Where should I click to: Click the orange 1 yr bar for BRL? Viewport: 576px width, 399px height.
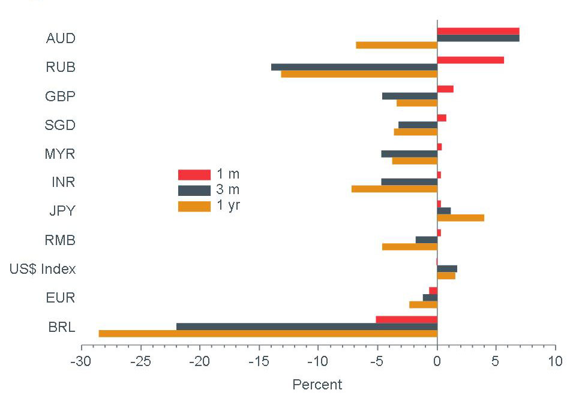coord(268,334)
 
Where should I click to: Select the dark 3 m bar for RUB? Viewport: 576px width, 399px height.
coord(354,67)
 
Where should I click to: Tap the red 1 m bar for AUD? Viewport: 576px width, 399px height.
coord(478,31)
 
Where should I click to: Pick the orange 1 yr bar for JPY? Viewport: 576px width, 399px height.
coord(460,218)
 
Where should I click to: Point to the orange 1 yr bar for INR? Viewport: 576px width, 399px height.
coord(394,189)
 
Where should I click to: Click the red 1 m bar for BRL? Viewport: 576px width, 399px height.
coord(406,319)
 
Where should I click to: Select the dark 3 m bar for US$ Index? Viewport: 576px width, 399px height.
coord(447,269)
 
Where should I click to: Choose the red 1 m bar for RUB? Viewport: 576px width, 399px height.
coord(470,60)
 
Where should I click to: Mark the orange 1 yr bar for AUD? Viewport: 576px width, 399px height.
coord(397,46)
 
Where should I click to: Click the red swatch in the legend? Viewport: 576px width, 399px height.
coord(194,175)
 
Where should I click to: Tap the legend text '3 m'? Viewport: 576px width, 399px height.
coord(228,191)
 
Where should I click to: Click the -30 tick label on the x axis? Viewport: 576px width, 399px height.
coord(81,362)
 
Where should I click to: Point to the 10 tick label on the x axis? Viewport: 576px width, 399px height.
coord(555,362)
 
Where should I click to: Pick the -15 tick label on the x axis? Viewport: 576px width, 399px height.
coord(259,362)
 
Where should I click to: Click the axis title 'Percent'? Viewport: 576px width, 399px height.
coord(317,385)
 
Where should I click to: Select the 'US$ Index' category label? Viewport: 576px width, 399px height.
coord(43,269)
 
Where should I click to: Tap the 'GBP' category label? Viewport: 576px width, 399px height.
coord(60,96)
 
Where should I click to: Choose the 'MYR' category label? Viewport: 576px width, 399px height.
coord(60,154)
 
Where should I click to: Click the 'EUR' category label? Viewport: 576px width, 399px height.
coord(61,298)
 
